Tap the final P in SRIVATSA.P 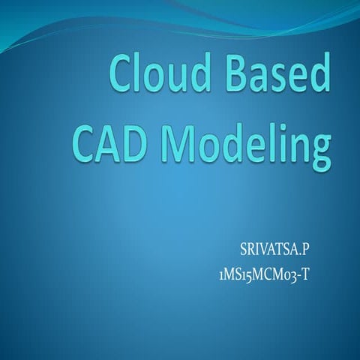pos(304,248)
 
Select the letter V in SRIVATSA pos(259,248)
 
